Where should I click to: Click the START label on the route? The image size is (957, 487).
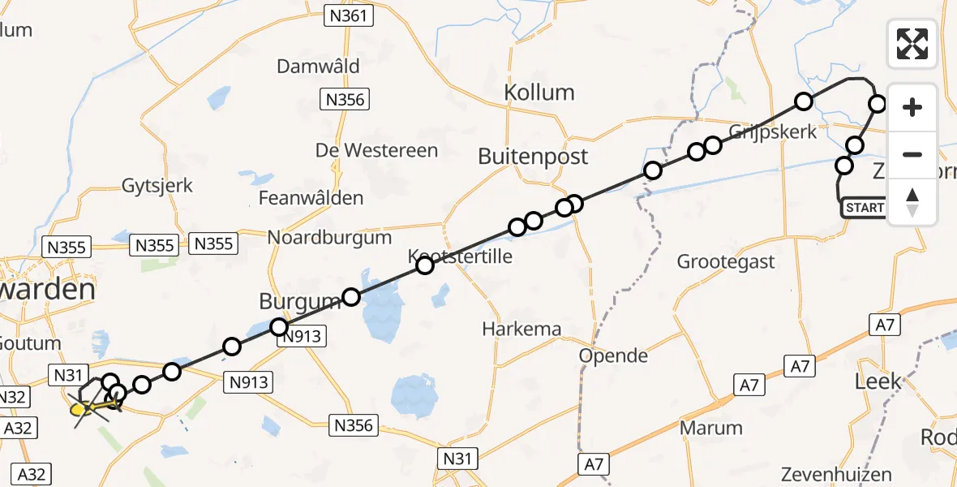[x=865, y=208]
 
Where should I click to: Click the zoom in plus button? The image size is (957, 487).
[x=912, y=107]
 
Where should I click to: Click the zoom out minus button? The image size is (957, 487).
[x=912, y=154]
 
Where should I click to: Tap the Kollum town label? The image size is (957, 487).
[x=539, y=92]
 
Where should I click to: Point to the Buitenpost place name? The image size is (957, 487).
[x=533, y=156]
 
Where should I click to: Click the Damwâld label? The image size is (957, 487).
[x=318, y=67]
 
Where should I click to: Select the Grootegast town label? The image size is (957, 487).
[x=726, y=261]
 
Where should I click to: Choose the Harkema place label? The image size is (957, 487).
[x=521, y=329]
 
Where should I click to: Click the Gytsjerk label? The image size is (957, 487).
[x=157, y=185]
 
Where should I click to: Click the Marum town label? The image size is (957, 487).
[x=711, y=428]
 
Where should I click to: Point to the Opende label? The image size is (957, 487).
[x=613, y=356]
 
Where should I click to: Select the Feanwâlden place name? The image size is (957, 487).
[x=311, y=198]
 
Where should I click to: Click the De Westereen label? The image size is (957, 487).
[x=376, y=150]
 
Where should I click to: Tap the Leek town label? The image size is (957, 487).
[x=878, y=381]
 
